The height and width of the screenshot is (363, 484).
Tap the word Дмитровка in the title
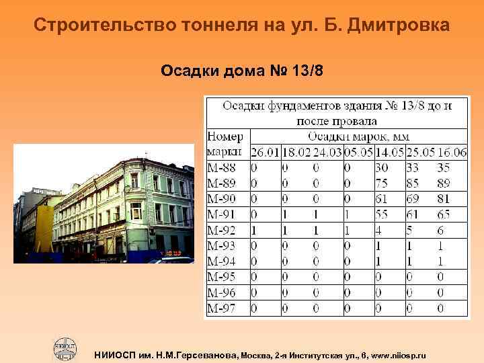click(401, 26)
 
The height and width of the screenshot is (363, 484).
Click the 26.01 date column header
click(265, 153)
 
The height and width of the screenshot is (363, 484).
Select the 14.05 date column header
click(390, 153)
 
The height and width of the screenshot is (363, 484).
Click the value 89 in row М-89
click(444, 183)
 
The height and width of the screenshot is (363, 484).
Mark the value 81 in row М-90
click(444, 198)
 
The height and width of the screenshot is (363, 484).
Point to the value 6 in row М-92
click(440, 230)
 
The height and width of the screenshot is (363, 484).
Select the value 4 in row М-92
click(379, 230)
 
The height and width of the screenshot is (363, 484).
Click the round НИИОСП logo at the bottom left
click(66, 348)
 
